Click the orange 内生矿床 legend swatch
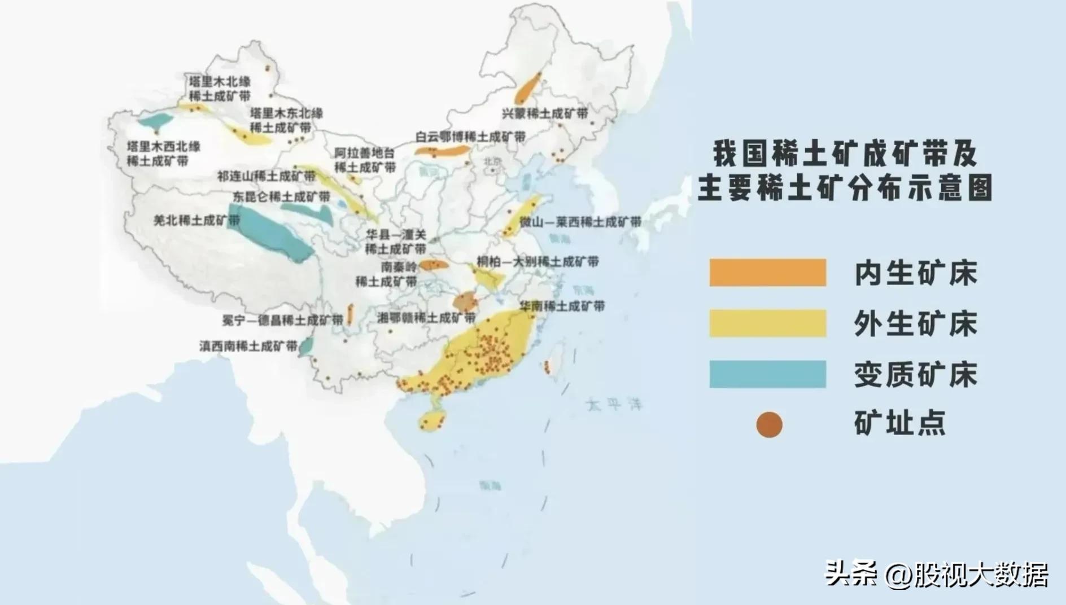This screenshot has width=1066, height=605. [x=767, y=273]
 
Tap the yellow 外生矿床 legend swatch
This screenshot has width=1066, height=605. [x=767, y=323]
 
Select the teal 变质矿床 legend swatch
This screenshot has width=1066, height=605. [x=767, y=374]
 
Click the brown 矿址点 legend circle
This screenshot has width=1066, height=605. [x=769, y=424]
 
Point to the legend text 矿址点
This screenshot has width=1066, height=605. [x=899, y=423]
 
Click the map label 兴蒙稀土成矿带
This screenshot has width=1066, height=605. [x=545, y=113]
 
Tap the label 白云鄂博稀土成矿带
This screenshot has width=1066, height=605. [x=470, y=137]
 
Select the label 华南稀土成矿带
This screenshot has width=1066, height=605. [x=562, y=306]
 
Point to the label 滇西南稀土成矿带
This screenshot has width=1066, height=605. [x=248, y=345]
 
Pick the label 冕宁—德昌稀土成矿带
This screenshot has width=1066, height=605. [x=282, y=320]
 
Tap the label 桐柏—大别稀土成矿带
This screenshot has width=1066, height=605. [x=537, y=262]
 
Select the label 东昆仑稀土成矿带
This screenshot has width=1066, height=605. [x=281, y=197]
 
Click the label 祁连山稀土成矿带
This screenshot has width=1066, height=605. [x=266, y=176]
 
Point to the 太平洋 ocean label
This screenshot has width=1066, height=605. [x=614, y=404]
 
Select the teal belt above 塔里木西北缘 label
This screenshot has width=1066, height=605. [x=156, y=120]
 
